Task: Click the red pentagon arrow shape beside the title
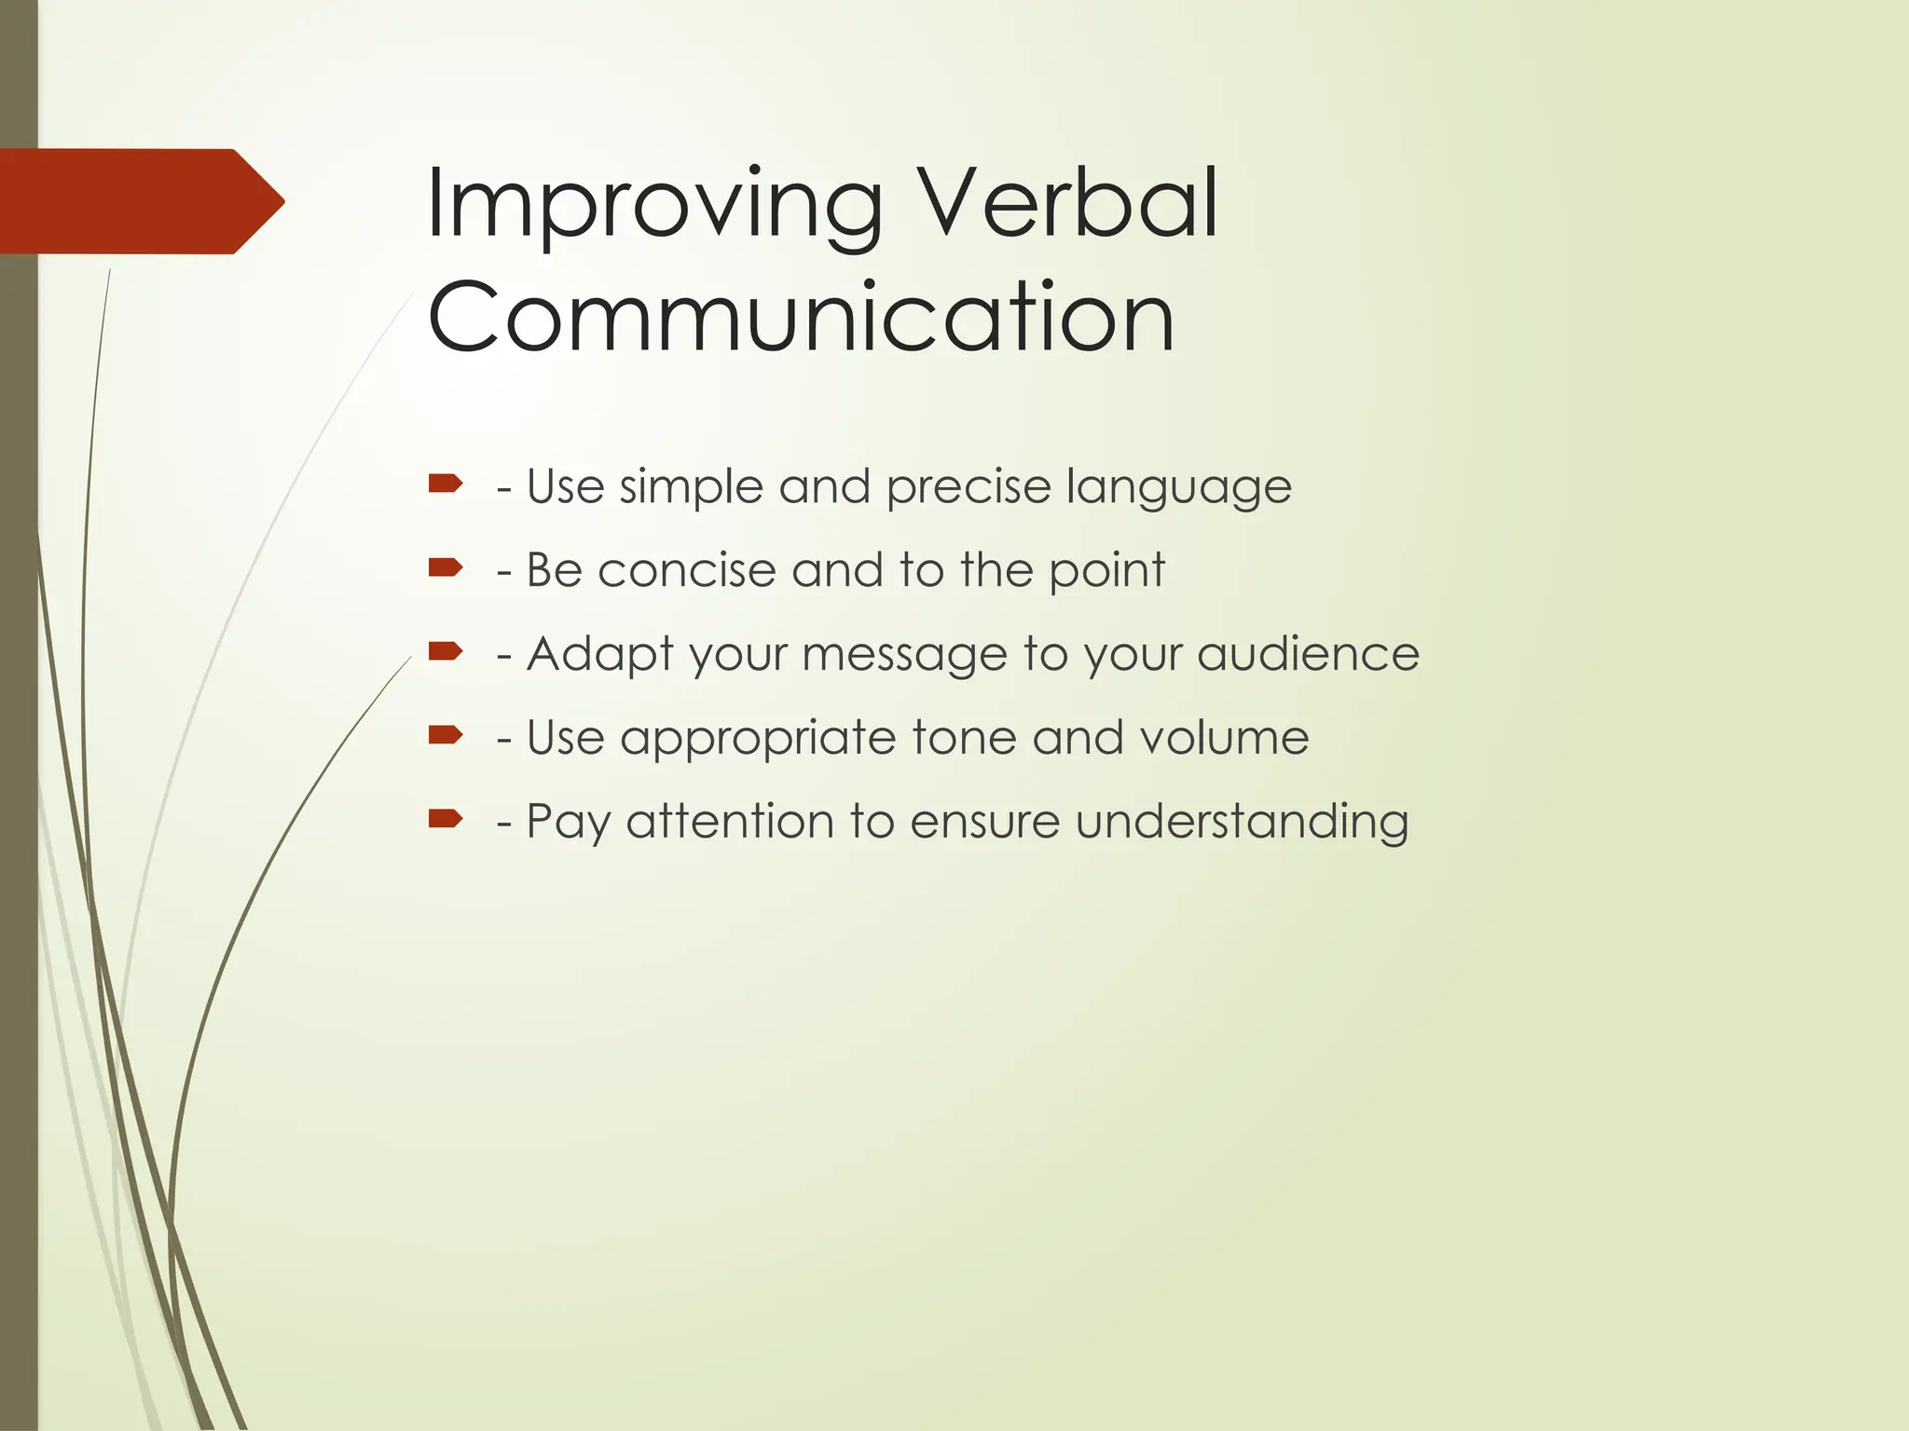[140, 201]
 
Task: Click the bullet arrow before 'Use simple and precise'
[446, 483]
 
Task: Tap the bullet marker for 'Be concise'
[446, 566]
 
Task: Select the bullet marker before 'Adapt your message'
[446, 650]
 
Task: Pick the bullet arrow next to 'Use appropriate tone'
[446, 735]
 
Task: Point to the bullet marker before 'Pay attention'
[446, 818]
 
